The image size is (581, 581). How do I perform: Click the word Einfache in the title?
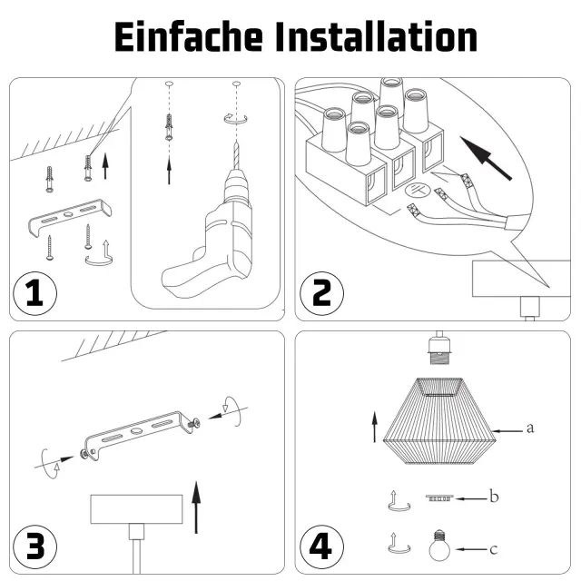tap(189, 36)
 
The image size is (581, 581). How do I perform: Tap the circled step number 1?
tap(34, 293)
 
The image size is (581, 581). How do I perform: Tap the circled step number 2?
tap(321, 293)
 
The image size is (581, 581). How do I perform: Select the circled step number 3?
tap(34, 547)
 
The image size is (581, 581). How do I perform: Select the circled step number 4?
tap(321, 547)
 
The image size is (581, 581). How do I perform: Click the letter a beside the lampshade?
tap(530, 428)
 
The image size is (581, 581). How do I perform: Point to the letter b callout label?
tap(494, 496)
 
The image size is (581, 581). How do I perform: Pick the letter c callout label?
tap(493, 549)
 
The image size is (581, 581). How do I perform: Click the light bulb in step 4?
tap(439, 546)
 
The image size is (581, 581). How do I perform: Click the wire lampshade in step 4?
tap(439, 421)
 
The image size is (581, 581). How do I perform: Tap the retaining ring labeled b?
tap(439, 497)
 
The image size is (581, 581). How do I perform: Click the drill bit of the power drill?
tap(236, 155)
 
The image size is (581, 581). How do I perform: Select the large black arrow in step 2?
tap(486, 158)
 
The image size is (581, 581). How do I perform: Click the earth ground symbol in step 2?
tap(418, 191)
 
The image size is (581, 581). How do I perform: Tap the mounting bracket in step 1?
tap(70, 218)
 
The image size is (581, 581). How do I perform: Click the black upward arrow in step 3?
tap(196, 507)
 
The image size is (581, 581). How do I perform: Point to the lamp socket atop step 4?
tap(439, 349)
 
